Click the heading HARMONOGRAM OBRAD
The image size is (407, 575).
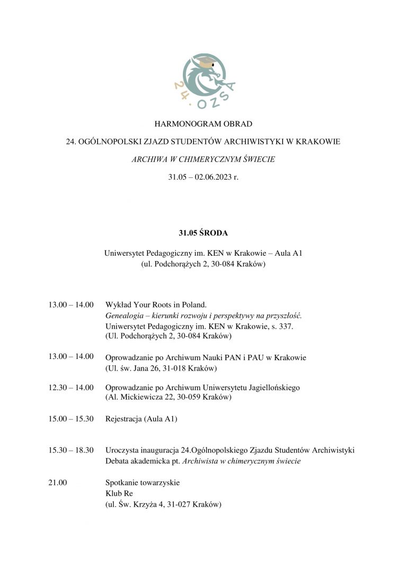(203, 124)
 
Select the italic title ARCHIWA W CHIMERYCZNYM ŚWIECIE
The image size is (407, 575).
(203, 159)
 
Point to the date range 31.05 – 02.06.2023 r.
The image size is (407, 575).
(203, 177)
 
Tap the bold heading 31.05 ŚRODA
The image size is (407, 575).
(203, 232)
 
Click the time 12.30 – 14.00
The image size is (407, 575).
(71, 388)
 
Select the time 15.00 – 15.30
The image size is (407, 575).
(71, 419)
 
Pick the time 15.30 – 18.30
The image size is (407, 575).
(71, 450)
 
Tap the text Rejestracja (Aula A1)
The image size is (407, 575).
(141, 419)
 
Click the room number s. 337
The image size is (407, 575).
(284, 326)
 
